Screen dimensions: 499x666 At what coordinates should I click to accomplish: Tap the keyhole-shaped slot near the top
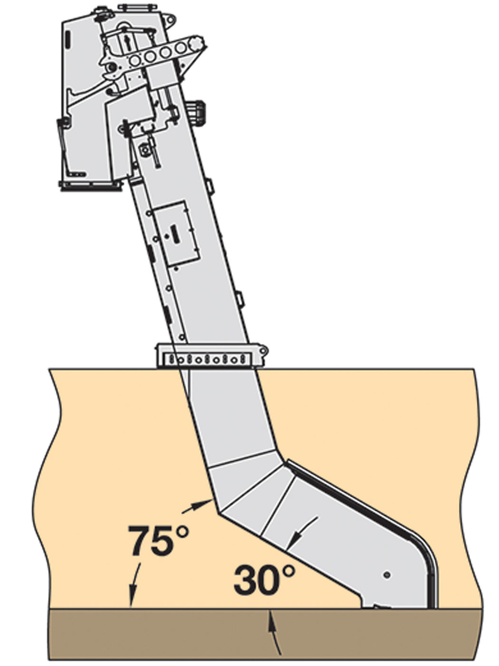tap(126, 40)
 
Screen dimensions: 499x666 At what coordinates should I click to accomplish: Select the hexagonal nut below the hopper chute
tap(144, 150)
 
